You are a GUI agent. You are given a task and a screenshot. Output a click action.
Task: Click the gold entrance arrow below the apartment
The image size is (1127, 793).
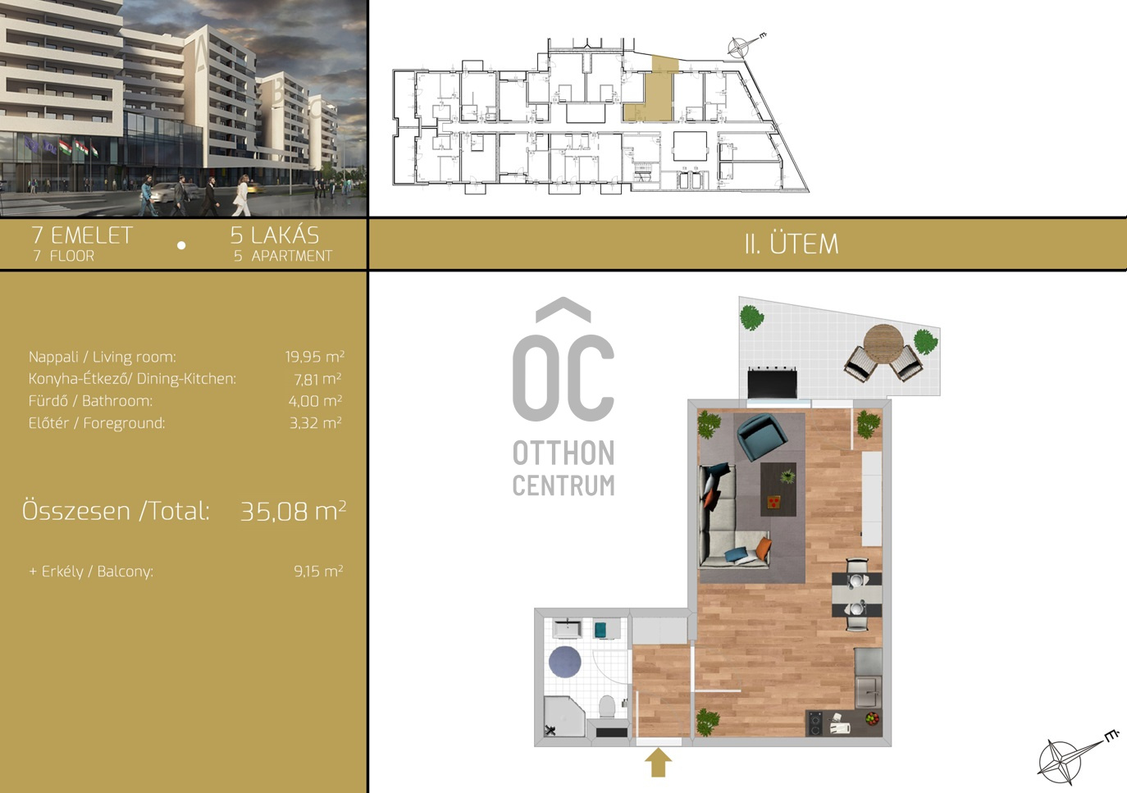(658, 763)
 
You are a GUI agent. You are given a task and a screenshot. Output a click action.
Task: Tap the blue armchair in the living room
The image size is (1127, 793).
(762, 436)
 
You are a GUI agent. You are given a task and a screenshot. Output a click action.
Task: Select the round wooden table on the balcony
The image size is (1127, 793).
(884, 343)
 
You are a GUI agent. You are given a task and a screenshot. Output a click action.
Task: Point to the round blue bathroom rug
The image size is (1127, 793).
(565, 662)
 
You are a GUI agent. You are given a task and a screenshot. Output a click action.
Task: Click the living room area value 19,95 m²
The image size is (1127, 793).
(315, 356)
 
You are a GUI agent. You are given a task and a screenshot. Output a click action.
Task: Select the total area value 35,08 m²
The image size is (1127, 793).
(293, 511)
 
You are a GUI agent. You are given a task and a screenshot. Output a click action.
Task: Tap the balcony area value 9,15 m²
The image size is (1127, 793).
(318, 571)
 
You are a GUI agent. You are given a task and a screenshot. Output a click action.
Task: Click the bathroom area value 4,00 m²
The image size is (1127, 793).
(315, 400)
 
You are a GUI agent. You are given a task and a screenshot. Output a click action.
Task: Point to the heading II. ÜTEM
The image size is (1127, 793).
(792, 244)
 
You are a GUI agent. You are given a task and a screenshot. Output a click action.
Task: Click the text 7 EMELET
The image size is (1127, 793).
(82, 235)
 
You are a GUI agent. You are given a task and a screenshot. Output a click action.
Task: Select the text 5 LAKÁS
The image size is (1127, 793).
(275, 235)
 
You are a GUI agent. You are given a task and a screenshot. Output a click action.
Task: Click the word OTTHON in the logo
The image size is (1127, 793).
(563, 453)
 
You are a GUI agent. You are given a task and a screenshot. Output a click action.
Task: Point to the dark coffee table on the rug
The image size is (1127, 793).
(778, 489)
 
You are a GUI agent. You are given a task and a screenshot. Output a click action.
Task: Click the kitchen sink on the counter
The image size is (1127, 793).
(869, 692)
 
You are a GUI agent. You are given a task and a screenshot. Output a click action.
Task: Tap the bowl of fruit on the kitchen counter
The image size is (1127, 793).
(873, 718)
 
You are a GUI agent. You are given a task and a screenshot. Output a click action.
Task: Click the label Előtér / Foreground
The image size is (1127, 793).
(97, 422)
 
